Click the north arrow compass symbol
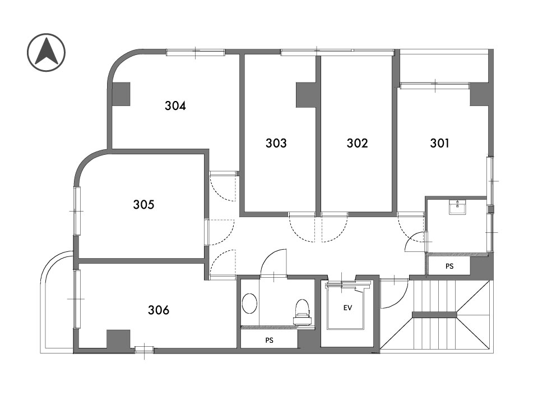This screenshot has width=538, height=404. click(x=46, y=53)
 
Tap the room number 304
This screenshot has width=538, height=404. click(x=175, y=105)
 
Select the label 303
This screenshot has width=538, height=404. click(x=276, y=143)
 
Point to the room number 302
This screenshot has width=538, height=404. click(x=357, y=143)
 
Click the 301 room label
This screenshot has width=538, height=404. click(x=439, y=143)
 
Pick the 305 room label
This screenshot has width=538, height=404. click(x=144, y=204)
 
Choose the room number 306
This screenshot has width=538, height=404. click(x=159, y=310)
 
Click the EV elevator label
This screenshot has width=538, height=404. click(x=347, y=308)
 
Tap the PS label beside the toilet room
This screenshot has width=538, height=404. click(x=270, y=340)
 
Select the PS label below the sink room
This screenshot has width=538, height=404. click(x=449, y=266)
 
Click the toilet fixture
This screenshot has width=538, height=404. click(x=302, y=311)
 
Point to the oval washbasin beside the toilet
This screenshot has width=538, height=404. click(x=249, y=304)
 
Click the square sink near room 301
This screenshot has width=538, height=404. click(x=457, y=207)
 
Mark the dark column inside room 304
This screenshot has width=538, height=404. click(x=121, y=94)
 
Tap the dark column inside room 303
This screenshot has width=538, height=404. click(x=306, y=95)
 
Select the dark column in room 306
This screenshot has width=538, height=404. click(x=118, y=339)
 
